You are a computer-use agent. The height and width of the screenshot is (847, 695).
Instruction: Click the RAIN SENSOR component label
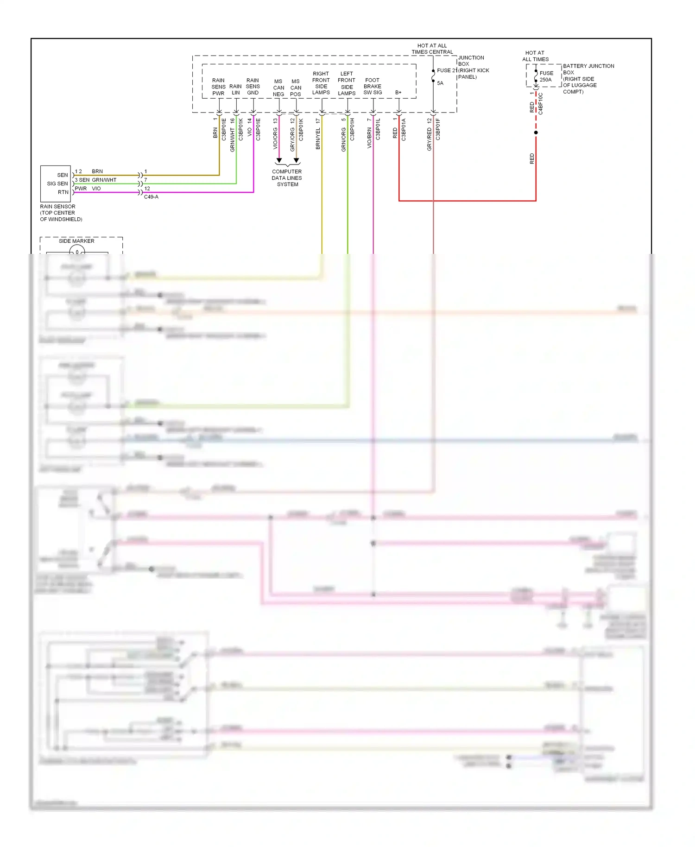61,213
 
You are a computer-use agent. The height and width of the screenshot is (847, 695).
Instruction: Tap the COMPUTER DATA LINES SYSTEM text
287,178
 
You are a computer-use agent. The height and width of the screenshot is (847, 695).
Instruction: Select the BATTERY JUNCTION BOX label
588,79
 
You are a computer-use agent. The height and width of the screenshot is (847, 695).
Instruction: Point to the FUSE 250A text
546,76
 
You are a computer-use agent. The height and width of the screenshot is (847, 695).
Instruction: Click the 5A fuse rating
440,83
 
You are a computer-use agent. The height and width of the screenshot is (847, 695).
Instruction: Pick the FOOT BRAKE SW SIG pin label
373,86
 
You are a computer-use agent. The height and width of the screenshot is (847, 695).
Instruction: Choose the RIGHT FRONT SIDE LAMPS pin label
321,83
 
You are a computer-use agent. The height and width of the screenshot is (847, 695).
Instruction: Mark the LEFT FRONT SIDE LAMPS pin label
347,83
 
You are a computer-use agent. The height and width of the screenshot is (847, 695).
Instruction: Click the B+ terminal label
398,93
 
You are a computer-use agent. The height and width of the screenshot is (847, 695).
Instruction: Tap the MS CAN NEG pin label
278,88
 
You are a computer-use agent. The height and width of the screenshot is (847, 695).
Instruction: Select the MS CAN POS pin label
296,88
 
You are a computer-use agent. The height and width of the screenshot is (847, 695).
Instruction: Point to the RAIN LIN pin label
235,89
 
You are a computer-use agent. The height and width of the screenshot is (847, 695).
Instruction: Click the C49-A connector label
151,197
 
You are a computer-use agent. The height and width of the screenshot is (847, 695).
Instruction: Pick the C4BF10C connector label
541,103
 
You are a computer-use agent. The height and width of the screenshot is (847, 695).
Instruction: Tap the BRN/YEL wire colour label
318,139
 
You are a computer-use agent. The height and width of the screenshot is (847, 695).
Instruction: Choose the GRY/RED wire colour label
429,139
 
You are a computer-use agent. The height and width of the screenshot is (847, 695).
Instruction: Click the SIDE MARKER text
76,241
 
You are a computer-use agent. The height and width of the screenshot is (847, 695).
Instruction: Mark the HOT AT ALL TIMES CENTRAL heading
432,49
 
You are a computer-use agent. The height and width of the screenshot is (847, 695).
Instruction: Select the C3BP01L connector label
378,129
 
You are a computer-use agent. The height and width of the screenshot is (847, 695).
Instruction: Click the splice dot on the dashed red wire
536,133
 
